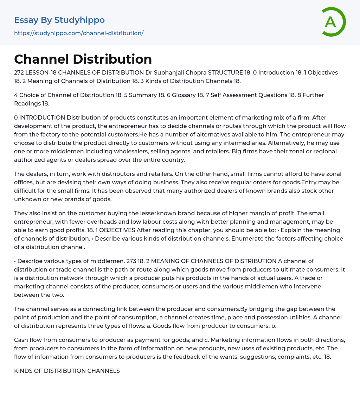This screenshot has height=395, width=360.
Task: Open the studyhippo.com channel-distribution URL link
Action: (79, 33)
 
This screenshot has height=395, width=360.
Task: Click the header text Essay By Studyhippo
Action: (59, 20)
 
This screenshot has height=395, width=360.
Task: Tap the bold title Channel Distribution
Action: (83, 59)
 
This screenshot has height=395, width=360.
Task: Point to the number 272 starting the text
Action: (19, 72)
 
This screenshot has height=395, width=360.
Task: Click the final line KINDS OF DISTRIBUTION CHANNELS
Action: (67, 371)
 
